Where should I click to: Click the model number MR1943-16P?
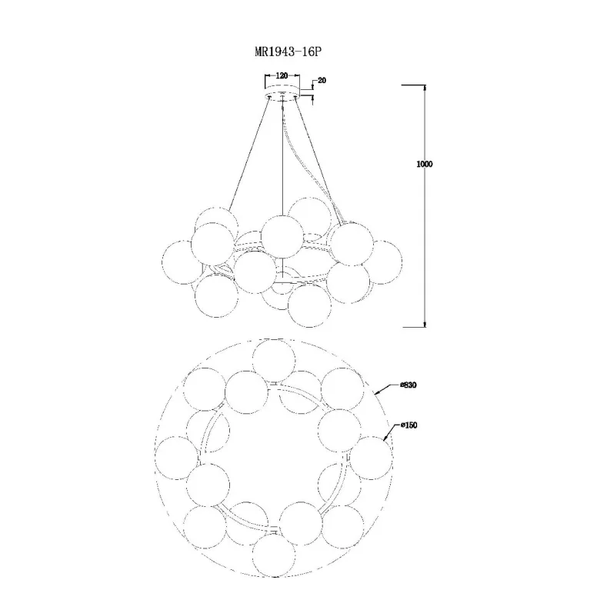pos(288,52)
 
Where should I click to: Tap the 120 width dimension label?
pos(282,76)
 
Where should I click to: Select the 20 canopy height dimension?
pos(322,81)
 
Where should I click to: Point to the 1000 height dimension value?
pos(425,164)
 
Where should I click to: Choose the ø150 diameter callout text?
pos(409,425)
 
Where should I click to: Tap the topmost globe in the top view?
pos(274,361)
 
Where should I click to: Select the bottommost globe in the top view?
pos(274,555)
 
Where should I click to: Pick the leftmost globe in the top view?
pos(176,458)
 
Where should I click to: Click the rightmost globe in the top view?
pos(371,458)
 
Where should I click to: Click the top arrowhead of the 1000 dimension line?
pos(425,87)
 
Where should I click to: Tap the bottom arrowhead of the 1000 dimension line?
pos(425,325)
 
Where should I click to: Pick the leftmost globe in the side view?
pos(183,262)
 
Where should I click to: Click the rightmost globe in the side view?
pos(381,262)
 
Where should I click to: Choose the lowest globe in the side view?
pos(309,305)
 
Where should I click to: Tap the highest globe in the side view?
pos(309,218)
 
